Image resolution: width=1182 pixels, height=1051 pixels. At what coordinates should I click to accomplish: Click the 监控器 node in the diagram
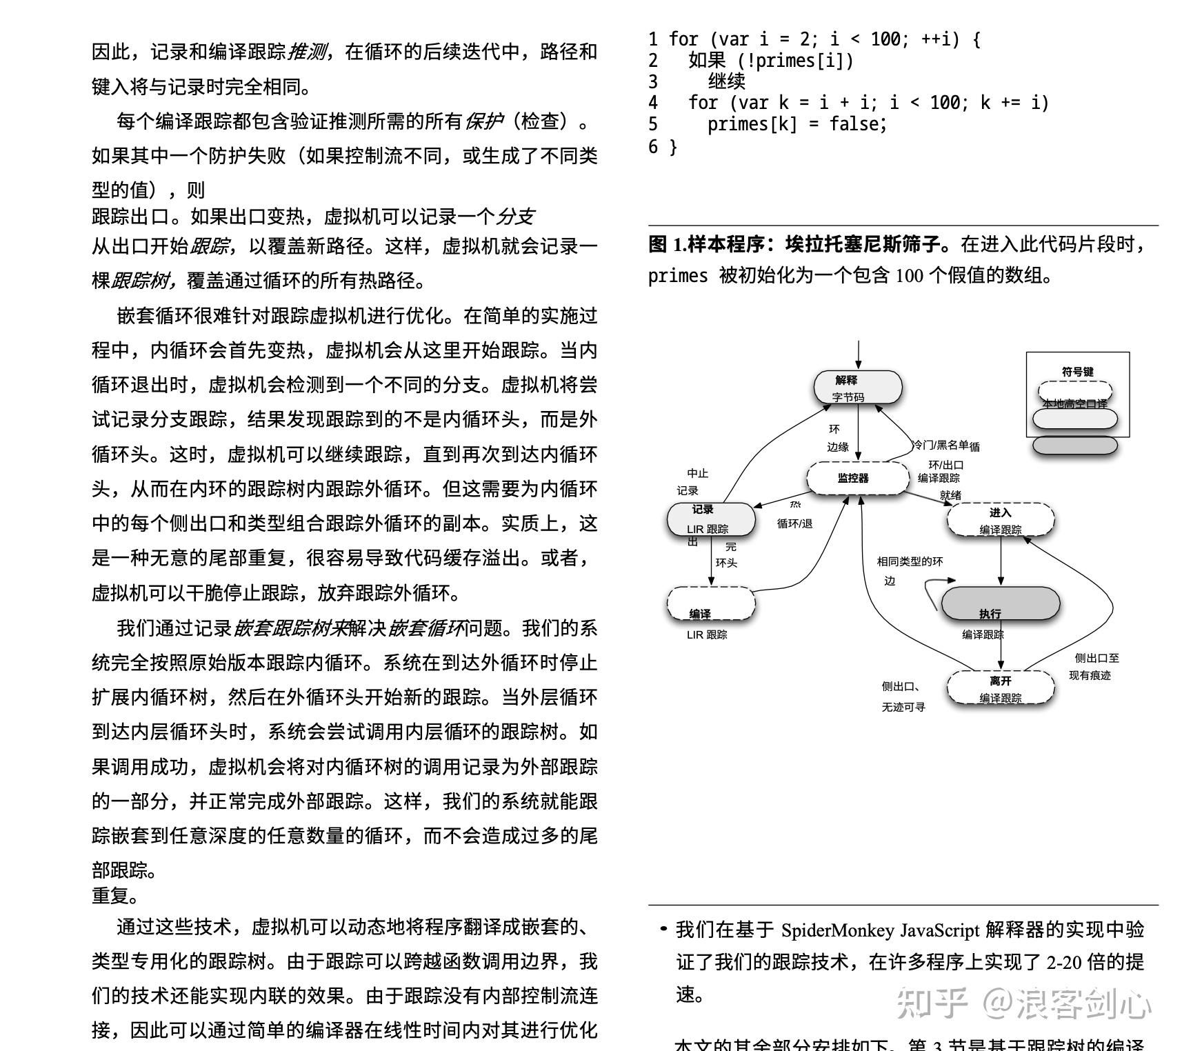tap(857, 478)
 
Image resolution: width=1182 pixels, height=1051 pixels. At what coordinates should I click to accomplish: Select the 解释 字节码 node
tap(857, 388)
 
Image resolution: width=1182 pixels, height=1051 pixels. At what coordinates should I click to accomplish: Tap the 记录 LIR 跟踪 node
tap(710, 519)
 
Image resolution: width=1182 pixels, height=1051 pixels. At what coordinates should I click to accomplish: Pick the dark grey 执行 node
tap(1000, 603)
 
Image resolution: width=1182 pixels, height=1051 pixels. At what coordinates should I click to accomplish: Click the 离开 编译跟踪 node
tap(1000, 688)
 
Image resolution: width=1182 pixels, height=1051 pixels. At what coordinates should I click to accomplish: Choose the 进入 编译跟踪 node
tap(1000, 520)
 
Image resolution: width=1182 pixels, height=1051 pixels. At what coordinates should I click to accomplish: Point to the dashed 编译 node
tap(710, 604)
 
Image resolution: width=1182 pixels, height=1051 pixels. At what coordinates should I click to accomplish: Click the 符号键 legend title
tap(1077, 372)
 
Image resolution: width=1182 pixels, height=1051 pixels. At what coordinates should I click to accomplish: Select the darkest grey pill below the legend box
tap(1074, 446)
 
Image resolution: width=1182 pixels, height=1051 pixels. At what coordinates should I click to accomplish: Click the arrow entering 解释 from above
tap(858, 354)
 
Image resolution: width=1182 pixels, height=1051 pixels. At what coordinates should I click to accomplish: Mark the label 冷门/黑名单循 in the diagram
tap(945, 446)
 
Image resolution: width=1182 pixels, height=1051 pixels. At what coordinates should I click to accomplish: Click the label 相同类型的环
tap(910, 561)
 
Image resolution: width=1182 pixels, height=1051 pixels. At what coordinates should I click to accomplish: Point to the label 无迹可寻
tap(903, 707)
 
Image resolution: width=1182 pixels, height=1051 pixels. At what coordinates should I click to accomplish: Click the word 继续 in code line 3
tap(726, 81)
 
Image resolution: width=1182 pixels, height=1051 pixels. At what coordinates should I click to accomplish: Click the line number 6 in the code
tap(653, 146)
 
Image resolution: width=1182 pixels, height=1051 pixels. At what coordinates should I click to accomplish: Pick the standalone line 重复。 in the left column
tap(115, 896)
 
